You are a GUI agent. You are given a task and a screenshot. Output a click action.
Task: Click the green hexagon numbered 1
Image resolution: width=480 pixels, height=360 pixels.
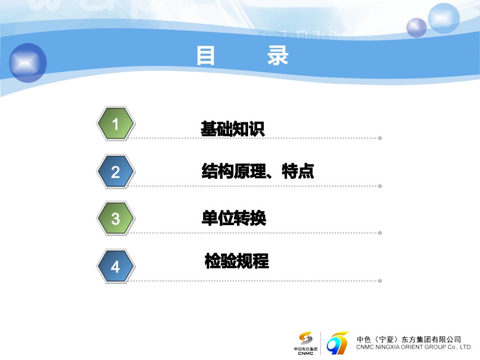point(115,124)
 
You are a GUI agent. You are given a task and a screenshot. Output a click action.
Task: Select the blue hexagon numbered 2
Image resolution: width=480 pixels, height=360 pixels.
point(115,172)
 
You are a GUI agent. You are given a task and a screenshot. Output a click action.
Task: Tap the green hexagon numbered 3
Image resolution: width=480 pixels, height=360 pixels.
point(115,219)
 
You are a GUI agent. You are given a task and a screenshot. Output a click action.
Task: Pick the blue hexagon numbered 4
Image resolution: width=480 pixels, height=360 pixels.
point(115,266)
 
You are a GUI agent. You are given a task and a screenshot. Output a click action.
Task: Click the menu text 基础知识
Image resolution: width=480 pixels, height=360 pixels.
point(232,129)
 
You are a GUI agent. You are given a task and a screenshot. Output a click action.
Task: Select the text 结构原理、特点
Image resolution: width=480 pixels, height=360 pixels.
point(258,171)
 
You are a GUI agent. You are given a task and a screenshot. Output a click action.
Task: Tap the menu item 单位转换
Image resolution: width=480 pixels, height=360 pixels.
point(233,218)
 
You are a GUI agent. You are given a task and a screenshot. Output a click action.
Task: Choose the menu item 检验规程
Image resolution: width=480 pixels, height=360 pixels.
point(236,261)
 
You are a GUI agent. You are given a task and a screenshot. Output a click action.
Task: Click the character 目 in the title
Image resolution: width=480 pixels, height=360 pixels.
point(206,56)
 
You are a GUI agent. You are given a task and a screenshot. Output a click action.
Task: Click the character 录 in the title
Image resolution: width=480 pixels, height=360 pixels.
point(278,56)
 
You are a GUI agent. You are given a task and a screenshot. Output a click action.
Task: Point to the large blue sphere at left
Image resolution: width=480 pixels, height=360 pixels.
point(27,63)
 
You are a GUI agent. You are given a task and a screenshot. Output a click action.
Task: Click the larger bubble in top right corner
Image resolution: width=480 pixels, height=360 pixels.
point(444,18)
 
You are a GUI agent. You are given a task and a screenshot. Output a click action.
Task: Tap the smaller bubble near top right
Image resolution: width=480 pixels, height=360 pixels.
point(417,27)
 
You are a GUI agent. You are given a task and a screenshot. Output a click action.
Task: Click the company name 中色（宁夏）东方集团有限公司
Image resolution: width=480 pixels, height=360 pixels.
point(408,339)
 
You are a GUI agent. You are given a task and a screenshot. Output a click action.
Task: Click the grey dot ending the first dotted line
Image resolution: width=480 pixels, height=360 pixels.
point(380,138)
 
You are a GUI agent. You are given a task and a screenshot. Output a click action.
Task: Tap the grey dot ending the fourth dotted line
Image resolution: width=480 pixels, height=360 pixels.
point(380,281)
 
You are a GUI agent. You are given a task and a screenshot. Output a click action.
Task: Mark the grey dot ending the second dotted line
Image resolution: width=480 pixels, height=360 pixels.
point(380,186)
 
